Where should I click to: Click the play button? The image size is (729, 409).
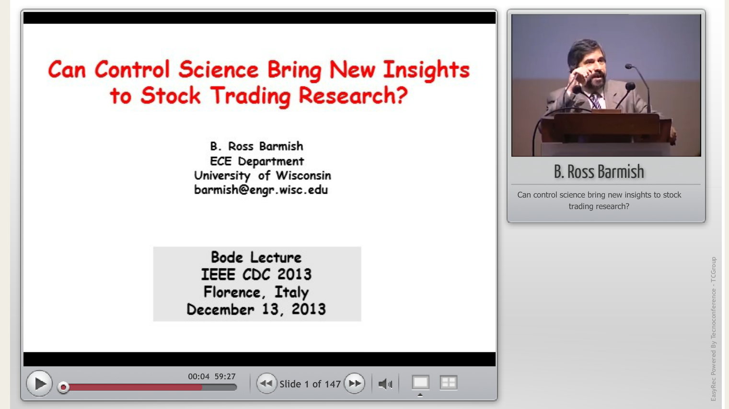coord(39,384)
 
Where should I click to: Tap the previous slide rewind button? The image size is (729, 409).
coord(266,383)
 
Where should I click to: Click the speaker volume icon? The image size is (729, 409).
coord(385,384)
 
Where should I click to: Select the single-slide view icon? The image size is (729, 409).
coord(420,382)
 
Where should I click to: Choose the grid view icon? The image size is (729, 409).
coord(449,382)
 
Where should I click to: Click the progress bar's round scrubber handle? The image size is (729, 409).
coord(63,387)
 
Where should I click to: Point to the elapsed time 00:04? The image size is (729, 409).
coord(198,376)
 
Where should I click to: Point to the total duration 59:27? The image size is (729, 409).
coord(225,376)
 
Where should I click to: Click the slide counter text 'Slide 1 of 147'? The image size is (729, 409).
coord(310,384)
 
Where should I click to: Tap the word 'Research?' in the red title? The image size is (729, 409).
coord(353,95)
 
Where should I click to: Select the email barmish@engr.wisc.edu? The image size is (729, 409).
coord(261,190)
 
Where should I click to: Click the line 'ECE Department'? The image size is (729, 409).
coord(257,161)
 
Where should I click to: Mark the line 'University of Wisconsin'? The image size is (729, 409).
coord(263,175)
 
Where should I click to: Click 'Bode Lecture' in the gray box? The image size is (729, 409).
coord(256,257)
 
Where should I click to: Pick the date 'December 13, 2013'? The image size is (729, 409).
coord(256,309)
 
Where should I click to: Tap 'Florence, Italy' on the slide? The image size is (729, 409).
coord(256,292)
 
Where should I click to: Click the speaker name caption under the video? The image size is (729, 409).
coord(599,172)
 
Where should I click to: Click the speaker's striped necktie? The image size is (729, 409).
coord(596,101)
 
